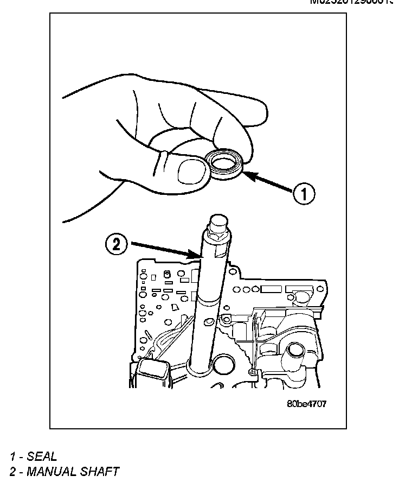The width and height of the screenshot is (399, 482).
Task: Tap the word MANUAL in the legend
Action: [x=52, y=471]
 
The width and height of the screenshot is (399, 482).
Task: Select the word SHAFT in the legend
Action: [x=100, y=471]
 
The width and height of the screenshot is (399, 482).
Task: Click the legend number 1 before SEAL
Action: [x=12, y=456]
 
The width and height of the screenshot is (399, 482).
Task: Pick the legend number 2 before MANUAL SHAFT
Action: [x=12, y=471]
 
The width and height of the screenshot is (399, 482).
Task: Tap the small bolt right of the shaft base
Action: [x=252, y=372]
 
